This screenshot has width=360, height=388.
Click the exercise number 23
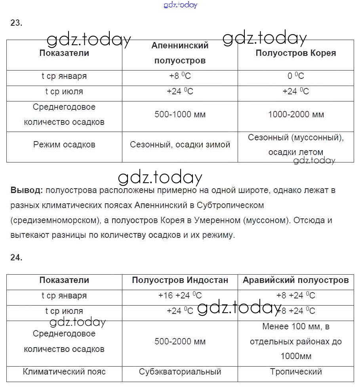point(16,23)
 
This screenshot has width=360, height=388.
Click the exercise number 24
point(16,257)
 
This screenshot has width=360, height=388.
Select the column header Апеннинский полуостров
point(180,53)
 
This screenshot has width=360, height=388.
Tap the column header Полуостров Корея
point(295,53)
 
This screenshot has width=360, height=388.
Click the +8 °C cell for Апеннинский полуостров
point(180,76)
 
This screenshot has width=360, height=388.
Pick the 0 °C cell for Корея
point(295,76)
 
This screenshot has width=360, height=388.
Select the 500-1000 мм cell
point(180,115)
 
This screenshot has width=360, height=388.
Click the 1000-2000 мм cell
point(295,115)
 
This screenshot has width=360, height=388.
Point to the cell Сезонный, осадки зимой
point(180,145)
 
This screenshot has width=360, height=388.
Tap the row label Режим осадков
point(64,145)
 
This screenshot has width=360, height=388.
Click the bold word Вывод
point(27,190)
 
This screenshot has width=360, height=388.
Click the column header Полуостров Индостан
point(180,280)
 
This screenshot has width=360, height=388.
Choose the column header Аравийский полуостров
point(295,280)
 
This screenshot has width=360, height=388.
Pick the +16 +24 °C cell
point(180,296)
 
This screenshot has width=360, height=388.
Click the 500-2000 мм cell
point(180,342)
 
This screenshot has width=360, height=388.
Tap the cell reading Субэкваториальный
point(180,372)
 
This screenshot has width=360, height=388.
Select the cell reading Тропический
point(295,372)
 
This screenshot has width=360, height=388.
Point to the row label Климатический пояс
point(64,372)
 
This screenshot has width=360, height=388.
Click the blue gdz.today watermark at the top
point(180,5)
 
